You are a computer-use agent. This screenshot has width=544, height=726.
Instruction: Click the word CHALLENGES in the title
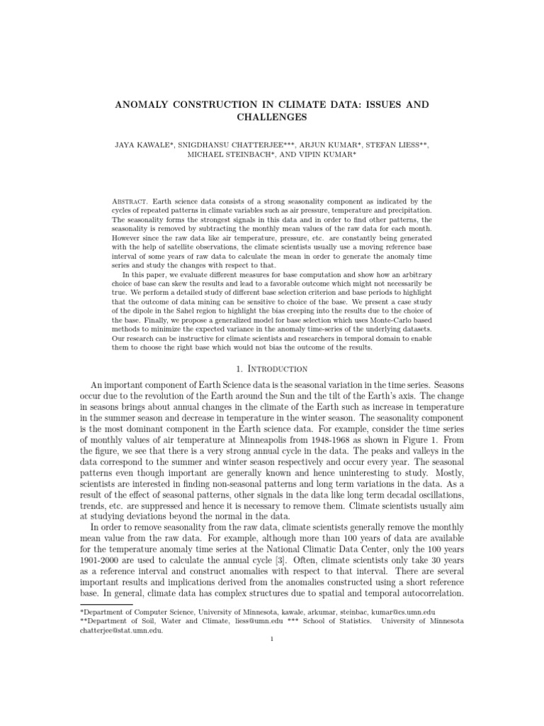272,117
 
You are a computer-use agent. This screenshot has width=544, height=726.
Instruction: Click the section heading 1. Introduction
272,369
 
